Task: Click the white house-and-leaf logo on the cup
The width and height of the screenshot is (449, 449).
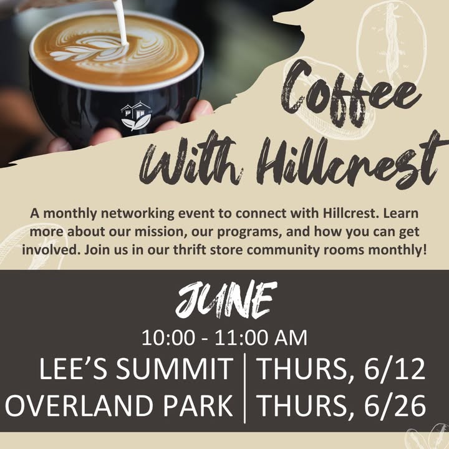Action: pos(136,116)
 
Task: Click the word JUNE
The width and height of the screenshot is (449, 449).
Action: pos(226,299)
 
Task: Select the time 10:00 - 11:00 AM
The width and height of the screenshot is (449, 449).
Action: pos(224,338)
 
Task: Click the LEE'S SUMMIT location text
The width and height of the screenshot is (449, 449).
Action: pos(136,369)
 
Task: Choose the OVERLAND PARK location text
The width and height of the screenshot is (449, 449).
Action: pos(119,405)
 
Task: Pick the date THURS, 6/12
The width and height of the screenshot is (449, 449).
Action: pos(341,369)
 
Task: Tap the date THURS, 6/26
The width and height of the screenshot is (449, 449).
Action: pos(342,406)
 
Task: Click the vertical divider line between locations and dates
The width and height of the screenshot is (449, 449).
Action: pos(245,388)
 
